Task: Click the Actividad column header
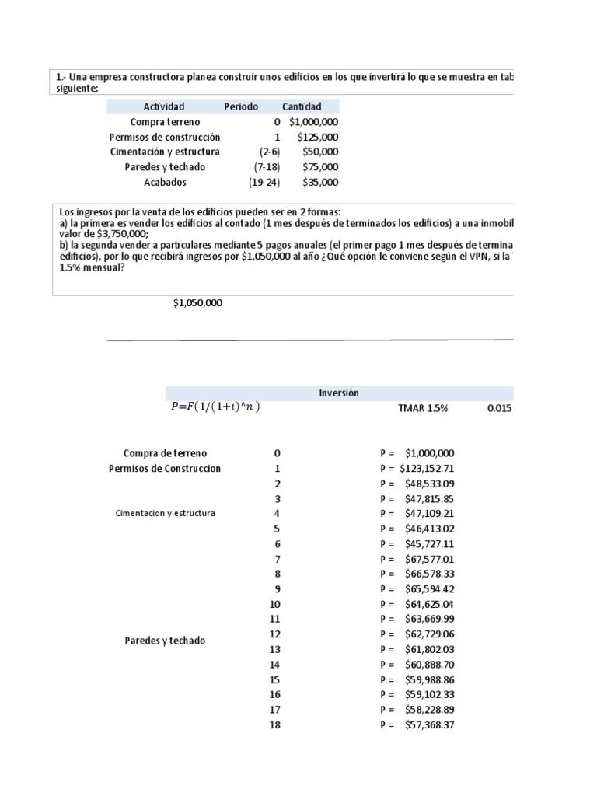click(164, 106)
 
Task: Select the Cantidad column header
click(302, 106)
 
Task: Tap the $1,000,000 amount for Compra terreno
click(313, 122)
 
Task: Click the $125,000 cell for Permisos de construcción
click(318, 137)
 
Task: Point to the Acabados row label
click(165, 182)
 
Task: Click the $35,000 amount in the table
click(320, 182)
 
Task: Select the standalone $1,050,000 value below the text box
click(197, 303)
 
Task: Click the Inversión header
click(339, 393)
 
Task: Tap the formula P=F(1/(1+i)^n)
click(215, 408)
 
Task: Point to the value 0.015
click(500, 408)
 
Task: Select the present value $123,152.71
click(427, 469)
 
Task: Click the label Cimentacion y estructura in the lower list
click(165, 514)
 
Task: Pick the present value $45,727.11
click(429, 544)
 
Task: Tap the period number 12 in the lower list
click(274, 634)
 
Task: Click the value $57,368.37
click(429, 725)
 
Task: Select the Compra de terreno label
click(165, 453)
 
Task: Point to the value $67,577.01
click(429, 559)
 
